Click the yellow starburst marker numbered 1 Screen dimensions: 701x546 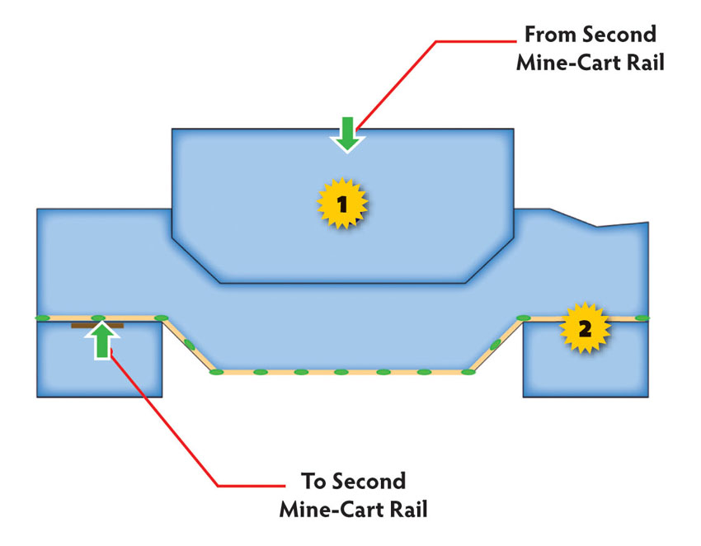coord(342,204)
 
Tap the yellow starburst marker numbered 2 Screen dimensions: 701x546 coord(585,328)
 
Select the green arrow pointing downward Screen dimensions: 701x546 coord(348,134)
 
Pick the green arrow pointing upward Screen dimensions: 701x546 coord(103,341)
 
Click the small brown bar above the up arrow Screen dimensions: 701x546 coord(97,326)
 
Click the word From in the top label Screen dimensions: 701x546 coord(551,35)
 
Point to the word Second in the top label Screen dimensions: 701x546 coord(619,35)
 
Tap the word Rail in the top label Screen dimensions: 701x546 coord(646,63)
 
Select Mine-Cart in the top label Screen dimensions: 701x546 coord(569,63)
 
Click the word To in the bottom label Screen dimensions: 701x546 coord(314,482)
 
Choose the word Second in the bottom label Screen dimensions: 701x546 coord(369,482)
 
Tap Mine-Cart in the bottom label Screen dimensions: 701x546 coord(332,510)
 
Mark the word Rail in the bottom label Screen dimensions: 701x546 coord(408,510)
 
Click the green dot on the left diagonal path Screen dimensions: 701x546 coord(189,344)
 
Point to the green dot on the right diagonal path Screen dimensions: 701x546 coord(496,344)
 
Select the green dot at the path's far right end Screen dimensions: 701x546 coord(642,318)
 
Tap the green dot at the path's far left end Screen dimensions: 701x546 coord(43,318)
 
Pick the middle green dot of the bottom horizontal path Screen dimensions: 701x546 coord(341,372)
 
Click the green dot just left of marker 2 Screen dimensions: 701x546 coord(524,318)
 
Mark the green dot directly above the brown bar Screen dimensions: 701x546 coord(98,318)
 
